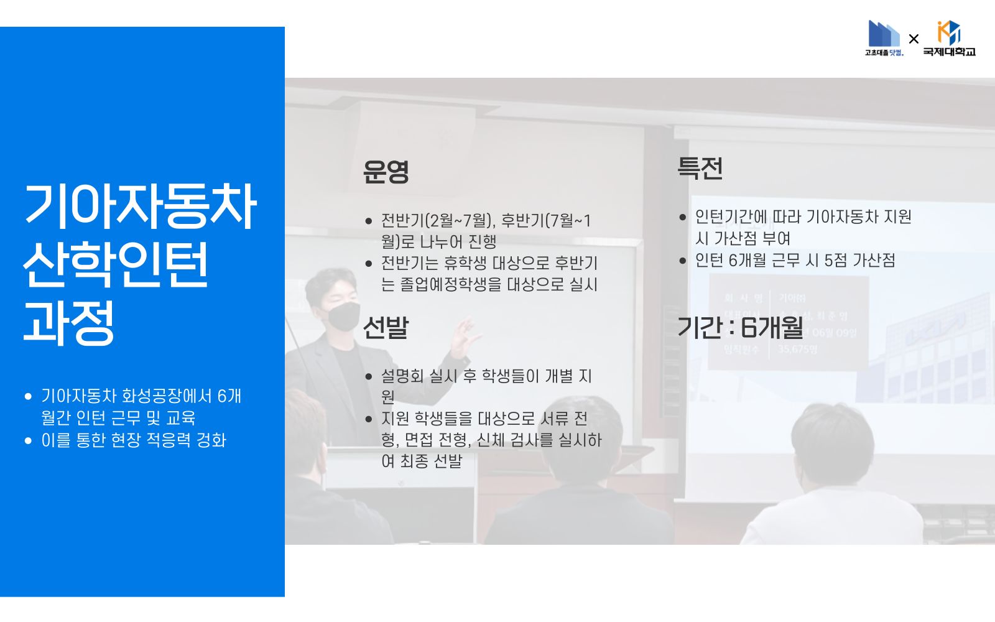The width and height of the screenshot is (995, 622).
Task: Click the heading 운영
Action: (x=386, y=172)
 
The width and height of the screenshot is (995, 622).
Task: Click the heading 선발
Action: (x=386, y=328)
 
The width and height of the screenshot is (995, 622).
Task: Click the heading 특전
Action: (x=700, y=169)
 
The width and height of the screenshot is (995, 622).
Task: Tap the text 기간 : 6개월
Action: (x=740, y=328)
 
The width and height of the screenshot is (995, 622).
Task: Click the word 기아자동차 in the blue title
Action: (x=140, y=207)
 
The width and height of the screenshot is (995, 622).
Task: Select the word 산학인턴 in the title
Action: (x=116, y=264)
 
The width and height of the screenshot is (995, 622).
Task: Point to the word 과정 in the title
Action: (x=69, y=322)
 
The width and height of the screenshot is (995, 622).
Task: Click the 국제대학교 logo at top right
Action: (x=949, y=39)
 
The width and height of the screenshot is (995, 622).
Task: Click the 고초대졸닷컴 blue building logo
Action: (x=884, y=37)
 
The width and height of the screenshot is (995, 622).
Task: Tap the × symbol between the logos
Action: (x=914, y=39)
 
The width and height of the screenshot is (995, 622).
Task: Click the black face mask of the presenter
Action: (x=343, y=316)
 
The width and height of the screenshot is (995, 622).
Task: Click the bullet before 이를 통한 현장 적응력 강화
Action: (x=28, y=441)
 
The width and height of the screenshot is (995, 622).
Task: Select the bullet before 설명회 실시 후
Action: (x=368, y=376)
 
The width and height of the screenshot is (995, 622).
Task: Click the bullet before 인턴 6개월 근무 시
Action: (x=682, y=261)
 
